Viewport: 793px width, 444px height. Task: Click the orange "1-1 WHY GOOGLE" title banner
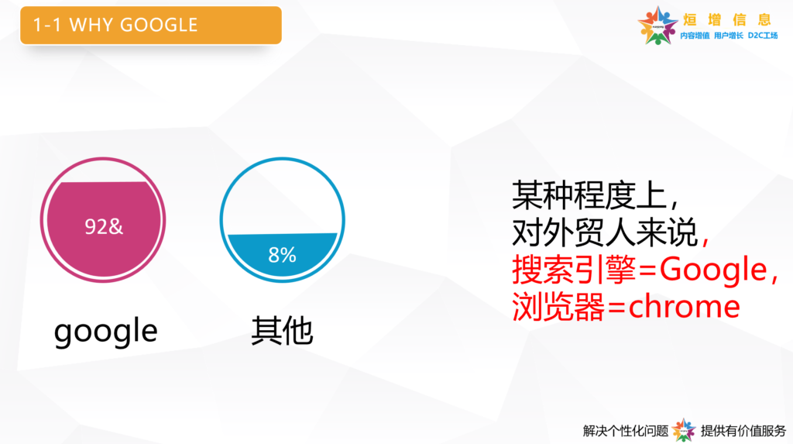pyautogui.click(x=151, y=26)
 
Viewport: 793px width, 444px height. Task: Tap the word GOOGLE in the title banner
pyautogui.click(x=159, y=25)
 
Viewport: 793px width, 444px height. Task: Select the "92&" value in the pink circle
pyautogui.click(x=104, y=226)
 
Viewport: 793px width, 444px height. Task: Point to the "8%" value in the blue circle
pyautogui.click(x=282, y=255)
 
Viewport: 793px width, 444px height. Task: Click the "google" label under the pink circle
pyautogui.click(x=105, y=331)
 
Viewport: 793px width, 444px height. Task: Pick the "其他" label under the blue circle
pyautogui.click(x=282, y=331)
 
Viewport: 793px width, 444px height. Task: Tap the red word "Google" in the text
pyautogui.click(x=713, y=269)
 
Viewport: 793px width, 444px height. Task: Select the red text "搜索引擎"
pyautogui.click(x=574, y=269)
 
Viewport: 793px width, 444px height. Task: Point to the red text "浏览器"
pyautogui.click(x=558, y=306)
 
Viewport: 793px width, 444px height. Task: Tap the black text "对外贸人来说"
pyautogui.click(x=605, y=232)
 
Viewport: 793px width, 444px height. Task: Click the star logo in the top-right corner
pyautogui.click(x=657, y=26)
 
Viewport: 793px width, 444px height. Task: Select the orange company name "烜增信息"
pyautogui.click(x=727, y=19)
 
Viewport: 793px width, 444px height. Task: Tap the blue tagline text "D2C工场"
pyautogui.click(x=763, y=36)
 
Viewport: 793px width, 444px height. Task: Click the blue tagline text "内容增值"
pyautogui.click(x=695, y=36)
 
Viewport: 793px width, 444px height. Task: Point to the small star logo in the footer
pyautogui.click(x=684, y=430)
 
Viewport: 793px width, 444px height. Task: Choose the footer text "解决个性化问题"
pyautogui.click(x=626, y=431)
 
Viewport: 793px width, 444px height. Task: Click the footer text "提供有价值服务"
pyautogui.click(x=743, y=431)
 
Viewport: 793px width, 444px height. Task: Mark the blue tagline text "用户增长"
pyautogui.click(x=729, y=36)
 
